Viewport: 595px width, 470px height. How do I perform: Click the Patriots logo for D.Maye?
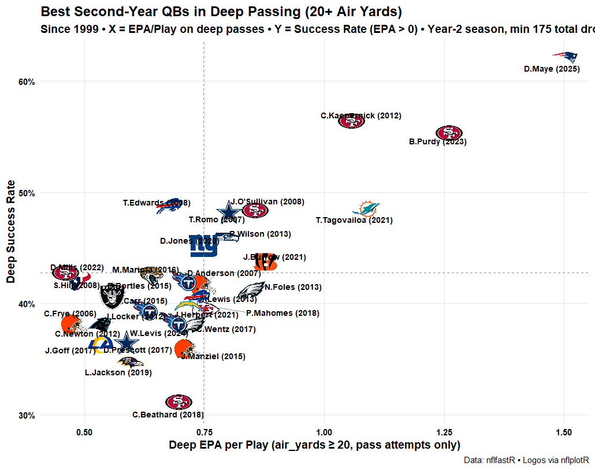[x=565, y=57]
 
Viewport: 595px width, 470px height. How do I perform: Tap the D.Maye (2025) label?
[x=552, y=69]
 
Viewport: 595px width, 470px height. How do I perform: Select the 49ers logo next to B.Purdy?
[x=449, y=133]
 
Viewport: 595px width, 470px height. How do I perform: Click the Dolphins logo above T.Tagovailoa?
[x=366, y=208]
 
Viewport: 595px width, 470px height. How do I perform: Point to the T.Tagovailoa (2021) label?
[x=354, y=221]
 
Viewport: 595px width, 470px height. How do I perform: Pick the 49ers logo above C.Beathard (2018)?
[x=178, y=402]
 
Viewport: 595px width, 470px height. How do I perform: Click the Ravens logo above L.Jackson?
[x=131, y=363]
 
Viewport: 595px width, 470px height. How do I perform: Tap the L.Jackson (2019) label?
[x=118, y=373]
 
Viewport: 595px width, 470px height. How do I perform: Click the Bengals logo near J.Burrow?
[x=265, y=262]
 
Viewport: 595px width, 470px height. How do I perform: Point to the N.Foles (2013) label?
[x=293, y=288]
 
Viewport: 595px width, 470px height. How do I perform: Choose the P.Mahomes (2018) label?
[x=282, y=314]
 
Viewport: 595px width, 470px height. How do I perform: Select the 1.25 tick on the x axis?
[x=444, y=433]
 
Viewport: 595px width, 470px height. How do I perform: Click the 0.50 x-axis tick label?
[x=85, y=433]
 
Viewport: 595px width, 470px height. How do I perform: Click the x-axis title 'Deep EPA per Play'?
[x=314, y=445]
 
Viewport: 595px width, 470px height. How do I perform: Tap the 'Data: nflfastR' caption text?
[x=526, y=460]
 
